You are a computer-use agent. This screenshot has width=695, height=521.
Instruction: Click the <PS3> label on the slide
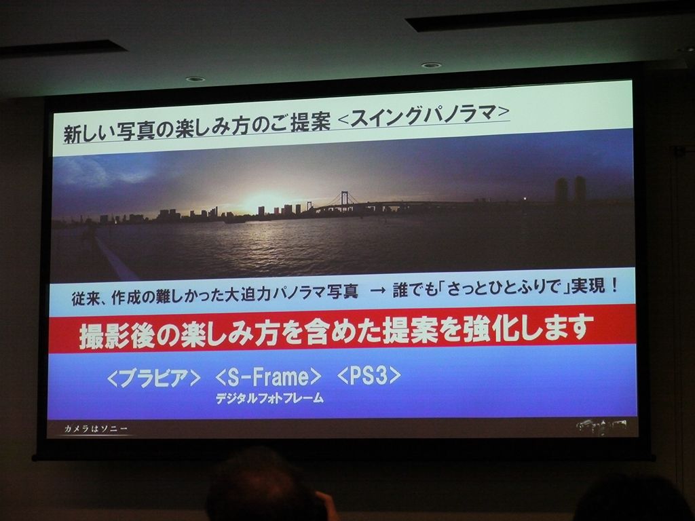tap(369, 375)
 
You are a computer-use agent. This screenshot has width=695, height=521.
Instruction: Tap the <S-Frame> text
tap(267, 377)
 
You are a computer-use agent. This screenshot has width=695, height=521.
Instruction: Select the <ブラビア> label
tap(154, 378)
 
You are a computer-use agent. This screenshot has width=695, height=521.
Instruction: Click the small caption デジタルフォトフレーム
tap(269, 398)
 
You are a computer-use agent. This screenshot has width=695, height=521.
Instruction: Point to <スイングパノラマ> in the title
tap(424, 114)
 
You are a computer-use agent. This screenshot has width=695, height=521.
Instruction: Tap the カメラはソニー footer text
tap(96, 429)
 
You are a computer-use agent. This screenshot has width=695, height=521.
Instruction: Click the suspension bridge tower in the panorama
tap(344, 199)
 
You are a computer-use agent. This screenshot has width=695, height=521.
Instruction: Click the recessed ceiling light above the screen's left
tap(195, 79)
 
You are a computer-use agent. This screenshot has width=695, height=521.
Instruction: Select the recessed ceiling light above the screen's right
tap(431, 66)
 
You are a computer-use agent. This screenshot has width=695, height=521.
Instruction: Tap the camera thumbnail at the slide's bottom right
tap(602, 426)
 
